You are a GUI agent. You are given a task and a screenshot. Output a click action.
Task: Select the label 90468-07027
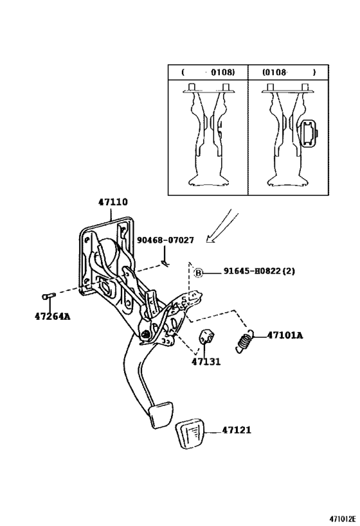click(165, 240)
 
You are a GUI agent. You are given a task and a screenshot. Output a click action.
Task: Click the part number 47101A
click(284, 335)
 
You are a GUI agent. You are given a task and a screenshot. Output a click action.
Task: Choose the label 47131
click(206, 362)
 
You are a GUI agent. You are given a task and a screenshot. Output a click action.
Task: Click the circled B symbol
click(199, 272)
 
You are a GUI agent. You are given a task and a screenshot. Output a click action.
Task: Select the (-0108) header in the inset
click(208, 73)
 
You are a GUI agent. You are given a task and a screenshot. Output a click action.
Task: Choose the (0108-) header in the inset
click(289, 73)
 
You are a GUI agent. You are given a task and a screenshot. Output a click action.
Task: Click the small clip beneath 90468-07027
click(165, 260)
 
